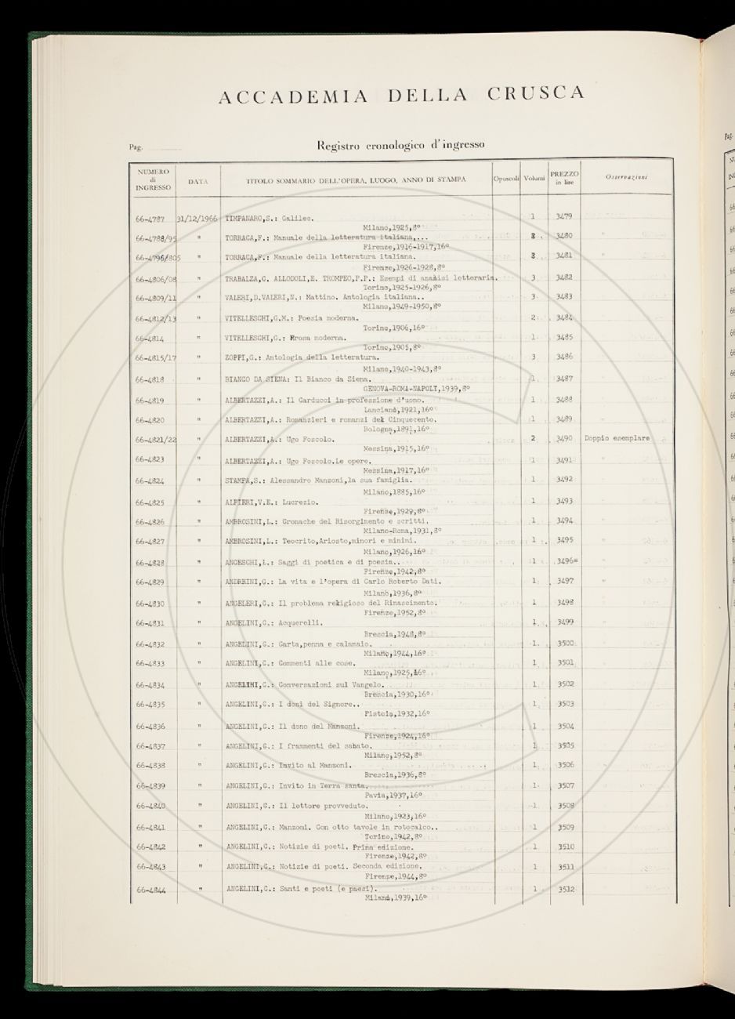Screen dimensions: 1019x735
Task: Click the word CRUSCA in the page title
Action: (536, 94)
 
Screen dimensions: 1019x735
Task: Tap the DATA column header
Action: (198, 180)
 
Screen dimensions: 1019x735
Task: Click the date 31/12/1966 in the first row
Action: (198, 217)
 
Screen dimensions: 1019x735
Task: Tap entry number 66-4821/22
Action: (154, 440)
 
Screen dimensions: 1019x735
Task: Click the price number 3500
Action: (565, 643)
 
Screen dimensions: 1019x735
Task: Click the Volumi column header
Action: (535, 180)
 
